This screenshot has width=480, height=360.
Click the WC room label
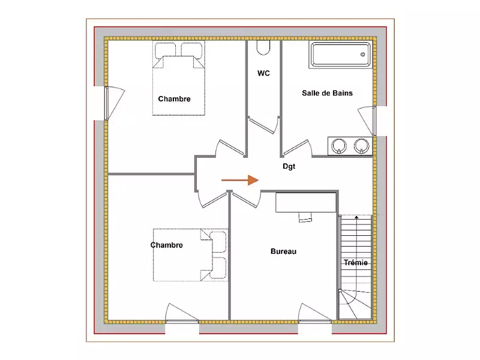coord(263,73)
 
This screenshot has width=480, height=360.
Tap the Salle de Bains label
coord(327,93)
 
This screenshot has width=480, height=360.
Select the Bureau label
coord(283,251)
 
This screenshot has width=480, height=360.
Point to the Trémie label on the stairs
coord(355,262)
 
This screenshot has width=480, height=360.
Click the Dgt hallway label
coord(289,166)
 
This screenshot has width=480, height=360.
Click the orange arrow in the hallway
coord(240,181)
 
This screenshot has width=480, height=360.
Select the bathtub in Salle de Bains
coord(341,55)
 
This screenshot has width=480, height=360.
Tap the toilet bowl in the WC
coord(263,48)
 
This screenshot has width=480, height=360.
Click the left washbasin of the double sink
coord(339,146)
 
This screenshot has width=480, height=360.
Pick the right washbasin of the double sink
coord(362,146)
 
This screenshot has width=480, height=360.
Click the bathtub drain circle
coord(363,55)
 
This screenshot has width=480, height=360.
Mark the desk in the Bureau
coord(306,202)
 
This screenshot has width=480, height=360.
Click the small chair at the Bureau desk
coord(305,217)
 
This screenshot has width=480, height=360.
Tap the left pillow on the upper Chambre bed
coord(166,50)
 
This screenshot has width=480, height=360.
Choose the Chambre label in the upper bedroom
coord(174,99)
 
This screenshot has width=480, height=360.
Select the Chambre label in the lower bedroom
coord(167,245)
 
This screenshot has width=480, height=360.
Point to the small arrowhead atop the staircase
coord(356,217)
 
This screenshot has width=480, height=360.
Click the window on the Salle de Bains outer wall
coord(374,121)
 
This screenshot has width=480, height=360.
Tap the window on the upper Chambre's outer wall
coord(106,103)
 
